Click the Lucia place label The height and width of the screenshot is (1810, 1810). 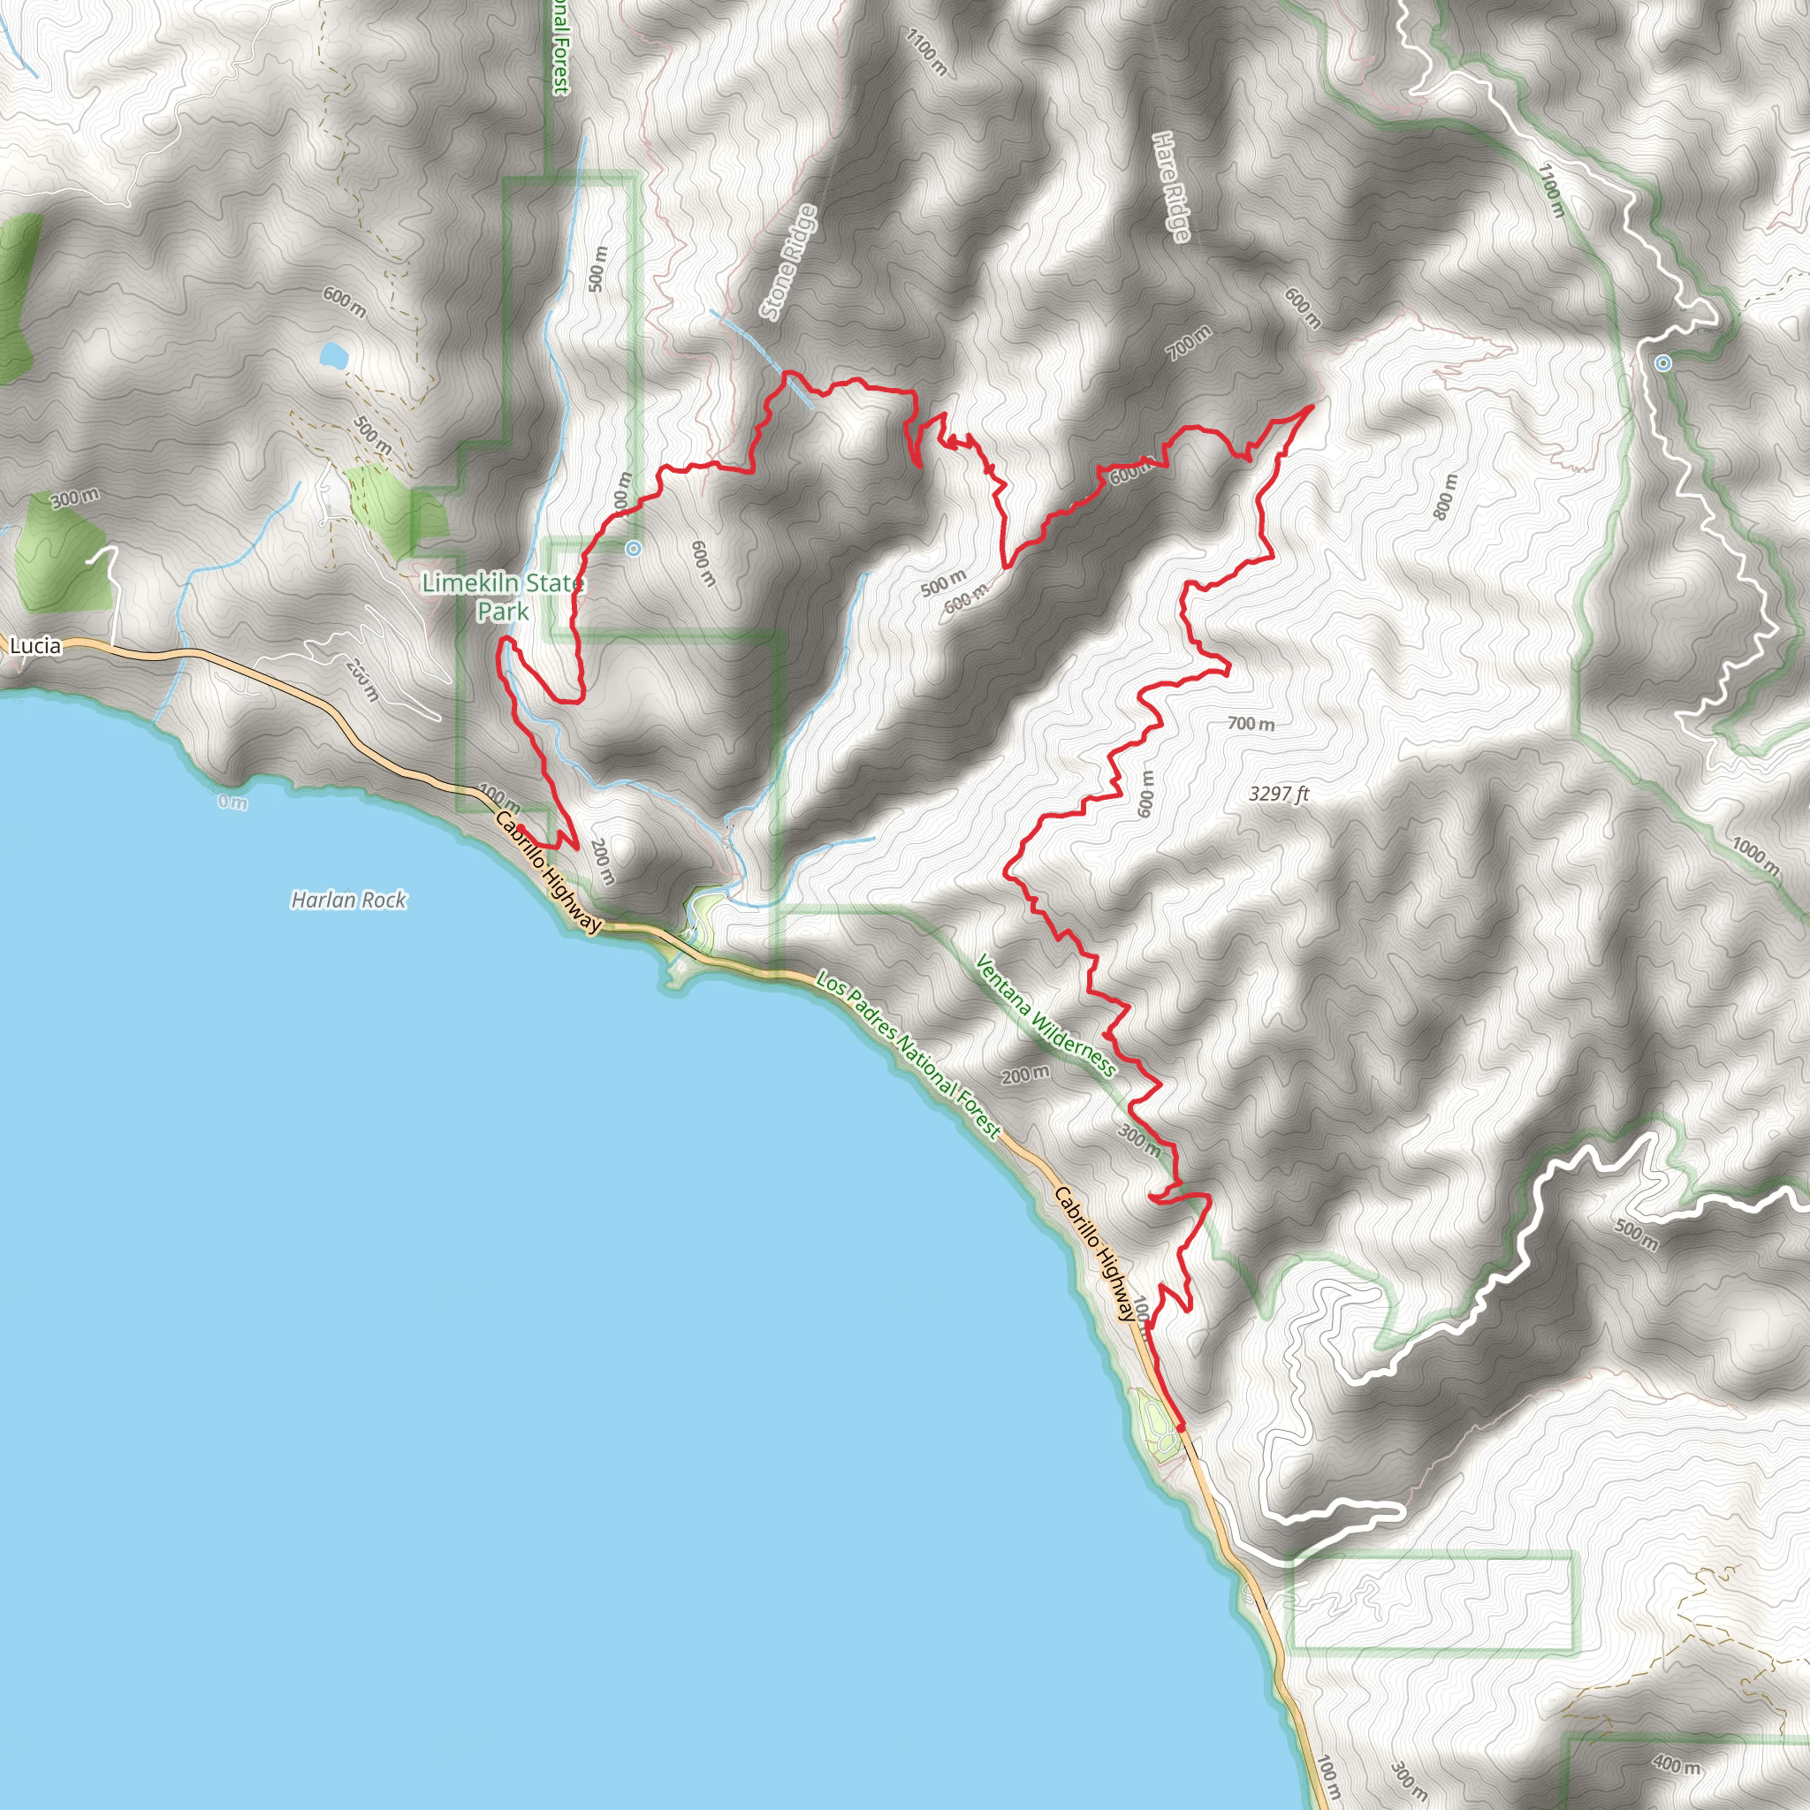[35, 645]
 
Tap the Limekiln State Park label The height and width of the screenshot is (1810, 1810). [502, 597]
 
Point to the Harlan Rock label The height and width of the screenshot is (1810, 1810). [348, 901]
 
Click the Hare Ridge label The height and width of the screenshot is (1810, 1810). [1171, 186]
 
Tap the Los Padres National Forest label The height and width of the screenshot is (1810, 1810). [909, 1055]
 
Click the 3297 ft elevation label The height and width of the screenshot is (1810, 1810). [1279, 794]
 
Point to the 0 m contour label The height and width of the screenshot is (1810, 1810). [232, 802]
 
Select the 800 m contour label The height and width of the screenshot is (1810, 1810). [1446, 497]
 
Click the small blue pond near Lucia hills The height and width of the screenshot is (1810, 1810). [332, 356]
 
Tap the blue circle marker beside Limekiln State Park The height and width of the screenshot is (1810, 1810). [634, 549]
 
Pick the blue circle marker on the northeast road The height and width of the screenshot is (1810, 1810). [1663, 363]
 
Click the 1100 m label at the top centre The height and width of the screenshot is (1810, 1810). [926, 51]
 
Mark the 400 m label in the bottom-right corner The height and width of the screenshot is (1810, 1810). [1676, 1765]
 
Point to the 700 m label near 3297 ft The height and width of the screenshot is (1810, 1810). [1251, 724]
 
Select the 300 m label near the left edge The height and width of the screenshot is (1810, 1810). [75, 498]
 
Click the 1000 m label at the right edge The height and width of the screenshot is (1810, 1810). [1754, 856]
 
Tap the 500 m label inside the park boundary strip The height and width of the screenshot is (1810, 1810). [597, 269]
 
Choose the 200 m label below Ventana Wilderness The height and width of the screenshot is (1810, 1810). [1025, 1075]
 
